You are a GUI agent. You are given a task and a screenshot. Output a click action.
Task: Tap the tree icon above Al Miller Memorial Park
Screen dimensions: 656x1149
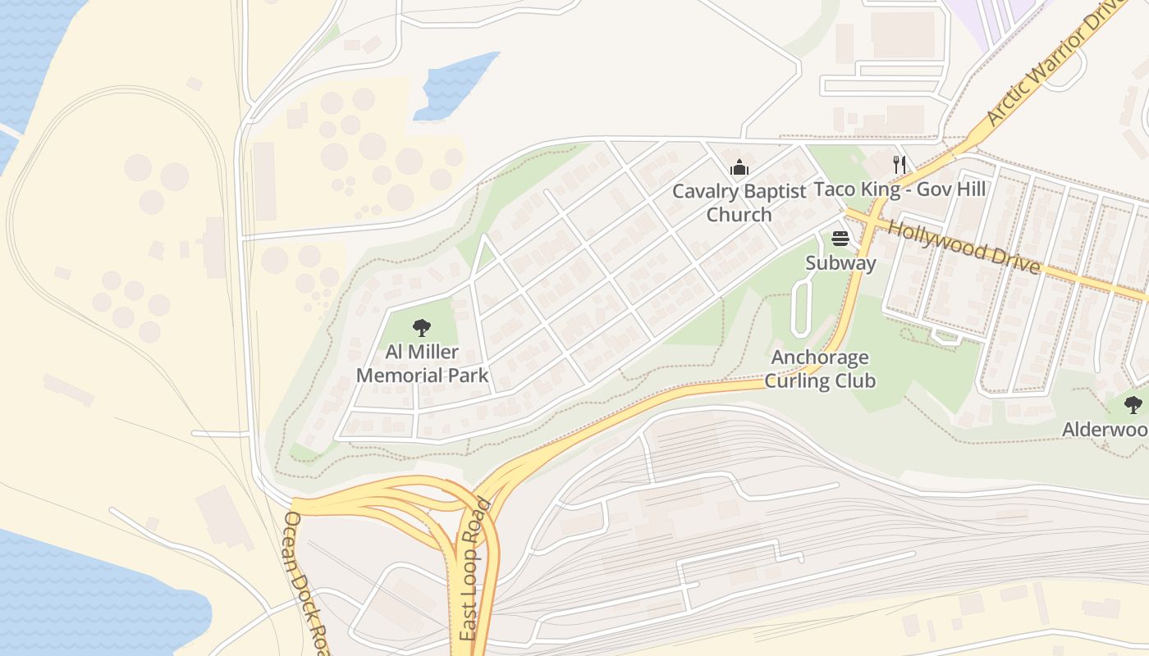pos(422,329)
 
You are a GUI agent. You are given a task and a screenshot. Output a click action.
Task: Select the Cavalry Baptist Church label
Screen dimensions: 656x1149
pos(739,203)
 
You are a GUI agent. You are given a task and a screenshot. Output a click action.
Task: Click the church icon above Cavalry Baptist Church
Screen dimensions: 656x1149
pos(739,168)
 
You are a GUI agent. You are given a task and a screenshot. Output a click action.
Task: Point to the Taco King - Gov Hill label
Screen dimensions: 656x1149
pos(900,189)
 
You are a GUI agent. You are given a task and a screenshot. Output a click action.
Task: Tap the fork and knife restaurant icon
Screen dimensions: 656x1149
pos(900,164)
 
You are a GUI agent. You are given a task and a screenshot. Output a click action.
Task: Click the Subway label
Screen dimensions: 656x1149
pos(840,263)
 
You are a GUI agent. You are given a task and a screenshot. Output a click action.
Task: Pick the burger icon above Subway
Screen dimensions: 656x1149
pos(840,239)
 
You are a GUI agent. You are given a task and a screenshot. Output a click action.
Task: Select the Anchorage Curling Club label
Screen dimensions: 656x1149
pos(820,369)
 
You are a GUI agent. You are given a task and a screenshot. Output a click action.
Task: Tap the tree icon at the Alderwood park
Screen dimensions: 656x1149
pos(1133,404)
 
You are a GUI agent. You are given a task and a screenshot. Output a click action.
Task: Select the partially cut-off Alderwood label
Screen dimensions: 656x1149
pos(1105,430)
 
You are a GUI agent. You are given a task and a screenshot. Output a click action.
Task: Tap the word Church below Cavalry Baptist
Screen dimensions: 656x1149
pos(739,215)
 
